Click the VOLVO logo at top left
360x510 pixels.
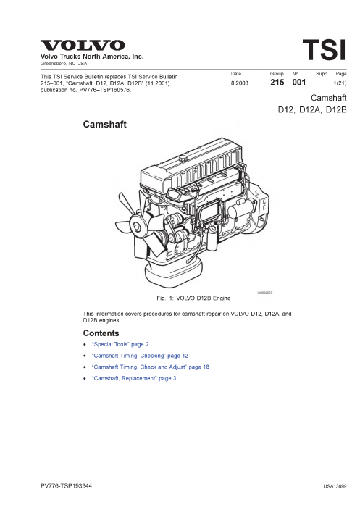pos(83,45)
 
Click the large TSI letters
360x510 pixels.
pos(324,50)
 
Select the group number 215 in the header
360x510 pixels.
pos(277,83)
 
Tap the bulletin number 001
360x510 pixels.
pos(299,83)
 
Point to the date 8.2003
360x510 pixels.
pos(239,83)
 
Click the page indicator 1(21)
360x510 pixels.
pos(340,83)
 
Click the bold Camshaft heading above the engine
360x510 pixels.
pos(105,125)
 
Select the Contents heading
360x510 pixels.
pos(101,333)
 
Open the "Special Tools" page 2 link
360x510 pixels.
pos(120,344)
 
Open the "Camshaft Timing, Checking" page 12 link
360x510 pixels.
pos(140,356)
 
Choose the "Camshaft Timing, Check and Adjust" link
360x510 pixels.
pos(150,367)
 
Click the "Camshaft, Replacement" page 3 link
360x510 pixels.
pos(134,378)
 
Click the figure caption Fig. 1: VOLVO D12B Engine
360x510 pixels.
pos(193,298)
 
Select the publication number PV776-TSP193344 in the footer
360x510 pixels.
pos(67,486)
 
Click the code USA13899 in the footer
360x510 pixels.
pos(335,486)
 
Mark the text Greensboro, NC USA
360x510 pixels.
pos(64,64)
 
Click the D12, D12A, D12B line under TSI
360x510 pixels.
pos(312,109)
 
